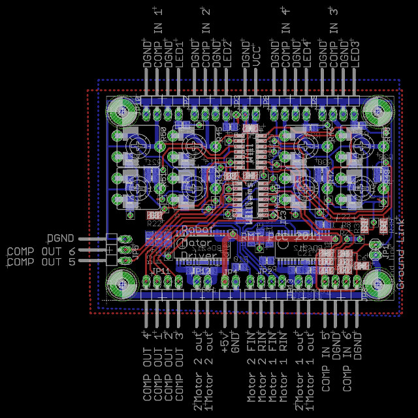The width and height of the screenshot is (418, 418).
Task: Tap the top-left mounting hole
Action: coord(122,110)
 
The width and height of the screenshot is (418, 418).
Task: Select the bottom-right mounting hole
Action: coord(378,284)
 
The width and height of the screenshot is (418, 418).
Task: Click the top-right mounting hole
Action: coord(378,110)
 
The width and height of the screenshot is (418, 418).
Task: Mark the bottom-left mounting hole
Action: coord(122,284)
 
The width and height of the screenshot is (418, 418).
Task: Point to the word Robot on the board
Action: coord(197,230)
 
